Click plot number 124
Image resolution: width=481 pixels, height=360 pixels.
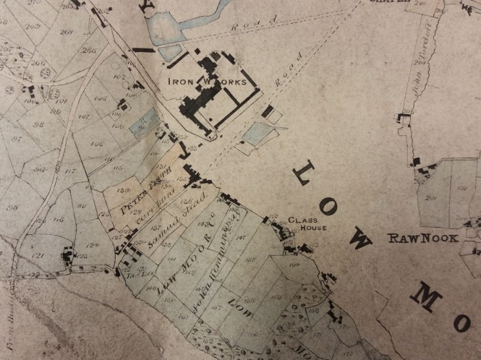tap(92, 247)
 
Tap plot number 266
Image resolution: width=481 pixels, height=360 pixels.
tap(90, 51)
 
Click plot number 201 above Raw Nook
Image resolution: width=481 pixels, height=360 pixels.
tap(433, 196)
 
